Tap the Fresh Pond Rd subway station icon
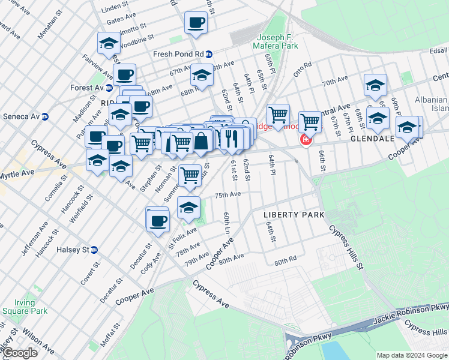208,54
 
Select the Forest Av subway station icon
109,88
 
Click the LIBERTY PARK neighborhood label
294,215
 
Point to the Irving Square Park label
24,307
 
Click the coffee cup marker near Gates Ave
196,23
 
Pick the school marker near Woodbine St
109,43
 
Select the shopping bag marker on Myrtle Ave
202,142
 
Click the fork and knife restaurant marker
232,138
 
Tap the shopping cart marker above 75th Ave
190,175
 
